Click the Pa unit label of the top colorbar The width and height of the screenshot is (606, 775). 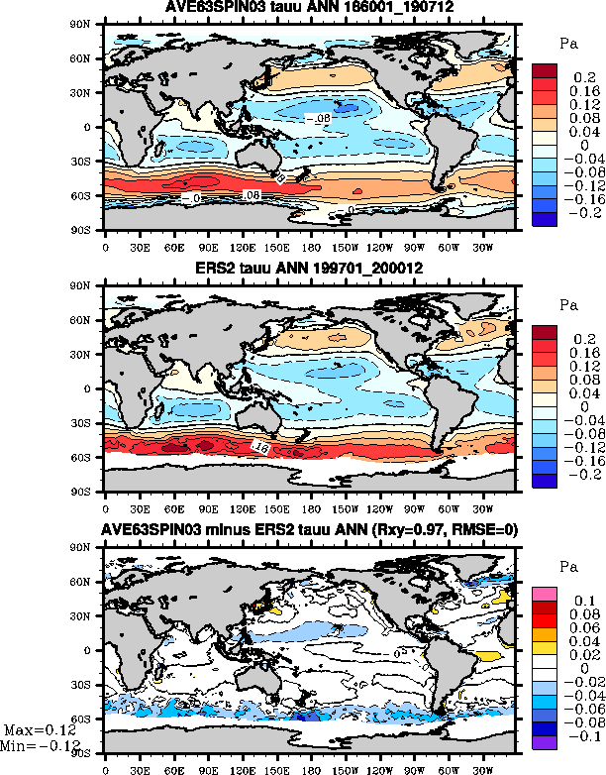point(567,45)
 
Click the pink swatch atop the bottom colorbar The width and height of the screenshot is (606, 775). point(545,593)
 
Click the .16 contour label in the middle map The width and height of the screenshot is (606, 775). point(261,449)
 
